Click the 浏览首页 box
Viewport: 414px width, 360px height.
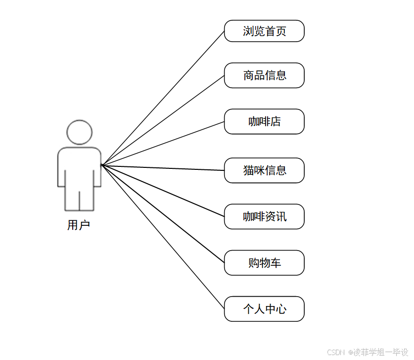[264, 31]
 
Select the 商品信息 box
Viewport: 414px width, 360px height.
[264, 75]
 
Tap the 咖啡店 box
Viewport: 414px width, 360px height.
[264, 121]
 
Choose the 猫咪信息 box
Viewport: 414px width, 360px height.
[264, 170]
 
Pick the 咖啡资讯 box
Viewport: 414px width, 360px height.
[264, 216]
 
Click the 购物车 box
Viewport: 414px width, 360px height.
[264, 262]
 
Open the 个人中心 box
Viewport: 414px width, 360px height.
[264, 309]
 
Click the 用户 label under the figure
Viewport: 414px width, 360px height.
[79, 225]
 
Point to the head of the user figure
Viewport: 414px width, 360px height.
[79, 132]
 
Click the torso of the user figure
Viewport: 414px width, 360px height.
[79, 166]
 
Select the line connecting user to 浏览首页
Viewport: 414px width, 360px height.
[163, 98]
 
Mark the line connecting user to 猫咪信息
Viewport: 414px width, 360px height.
[163, 167]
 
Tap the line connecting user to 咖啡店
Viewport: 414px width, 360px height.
[163, 143]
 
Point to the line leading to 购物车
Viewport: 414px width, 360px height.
[163, 214]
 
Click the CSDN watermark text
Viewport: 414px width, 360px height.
[336, 352]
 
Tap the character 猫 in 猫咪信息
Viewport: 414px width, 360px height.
[248, 170]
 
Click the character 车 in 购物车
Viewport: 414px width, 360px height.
[276, 262]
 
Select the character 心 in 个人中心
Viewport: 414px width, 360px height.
[281, 309]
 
